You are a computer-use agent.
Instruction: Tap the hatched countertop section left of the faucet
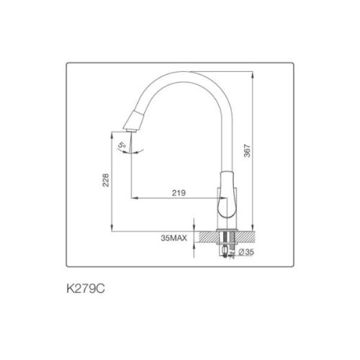pyautogui.click(x=210, y=235)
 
